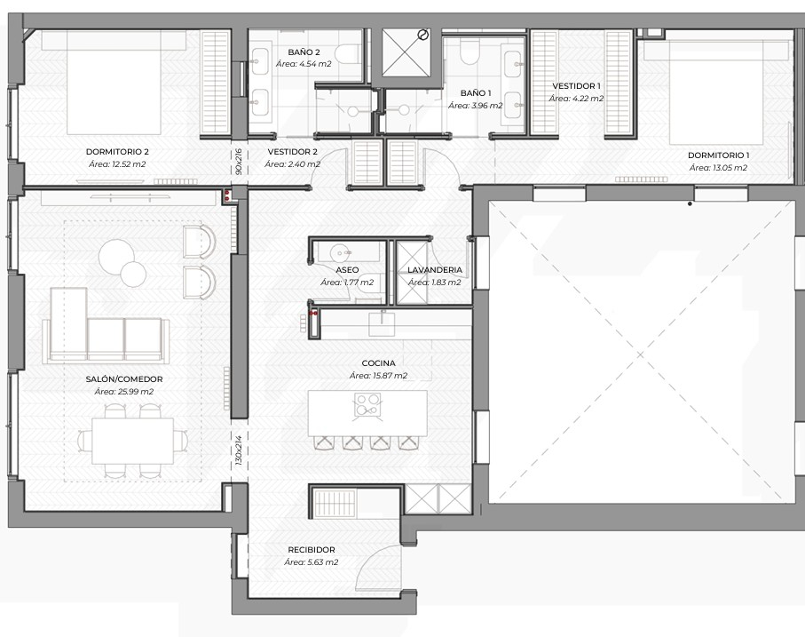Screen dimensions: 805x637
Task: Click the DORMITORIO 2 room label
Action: click(117, 152)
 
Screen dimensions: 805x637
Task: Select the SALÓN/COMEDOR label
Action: click(124, 379)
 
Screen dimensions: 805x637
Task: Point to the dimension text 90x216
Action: click(238, 163)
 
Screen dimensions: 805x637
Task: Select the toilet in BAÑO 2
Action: click(349, 53)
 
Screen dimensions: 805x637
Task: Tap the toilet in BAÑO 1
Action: click(470, 52)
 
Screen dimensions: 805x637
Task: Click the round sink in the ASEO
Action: click(340, 252)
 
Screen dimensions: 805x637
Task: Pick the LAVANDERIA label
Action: click(435, 270)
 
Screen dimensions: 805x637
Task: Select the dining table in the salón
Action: click(133, 441)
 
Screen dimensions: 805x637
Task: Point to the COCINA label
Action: click(378, 363)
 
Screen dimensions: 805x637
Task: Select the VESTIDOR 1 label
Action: click(576, 86)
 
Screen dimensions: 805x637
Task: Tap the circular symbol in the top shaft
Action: click(423, 35)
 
